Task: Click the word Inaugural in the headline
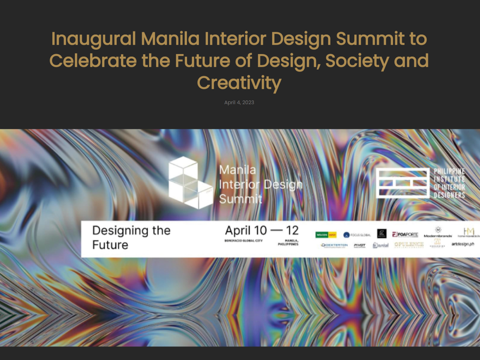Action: click(93, 39)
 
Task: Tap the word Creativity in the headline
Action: click(239, 83)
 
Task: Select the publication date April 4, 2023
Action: click(239, 102)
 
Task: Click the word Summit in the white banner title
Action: click(240, 199)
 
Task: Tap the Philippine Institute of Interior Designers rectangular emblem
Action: click(403, 183)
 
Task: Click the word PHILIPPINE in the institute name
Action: click(449, 171)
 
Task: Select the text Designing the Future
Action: click(131, 237)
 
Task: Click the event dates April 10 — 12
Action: click(262, 231)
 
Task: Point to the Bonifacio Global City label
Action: click(244, 241)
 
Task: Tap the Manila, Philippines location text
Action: click(288, 242)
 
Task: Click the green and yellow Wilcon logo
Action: click(326, 235)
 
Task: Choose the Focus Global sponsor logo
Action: click(357, 235)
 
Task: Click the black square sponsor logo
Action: click(382, 234)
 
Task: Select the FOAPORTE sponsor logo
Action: click(405, 235)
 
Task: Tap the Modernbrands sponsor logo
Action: click(438, 233)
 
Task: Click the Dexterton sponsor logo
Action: click(335, 245)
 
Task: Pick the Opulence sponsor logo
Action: click(409, 245)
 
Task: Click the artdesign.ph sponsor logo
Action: click(463, 244)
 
